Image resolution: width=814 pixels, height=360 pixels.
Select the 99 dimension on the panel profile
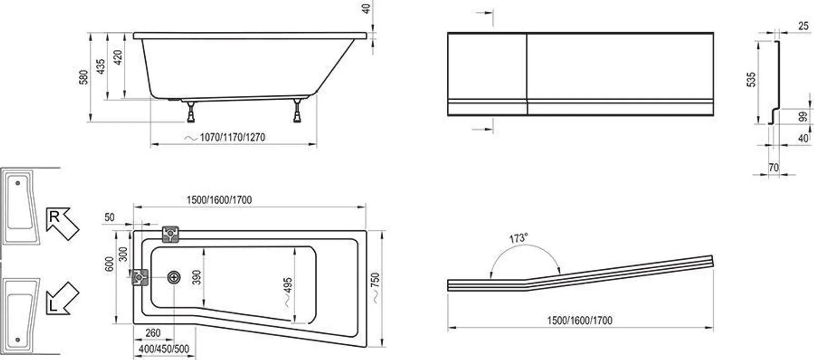[x=804, y=117]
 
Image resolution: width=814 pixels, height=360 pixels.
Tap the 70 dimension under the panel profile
[x=773, y=168]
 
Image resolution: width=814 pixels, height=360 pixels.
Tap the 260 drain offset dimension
[x=152, y=333]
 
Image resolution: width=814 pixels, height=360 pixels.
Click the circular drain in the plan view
[x=174, y=277]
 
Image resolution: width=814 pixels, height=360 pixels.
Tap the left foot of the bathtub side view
[x=190, y=111]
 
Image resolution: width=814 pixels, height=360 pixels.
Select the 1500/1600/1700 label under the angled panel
[x=580, y=320]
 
